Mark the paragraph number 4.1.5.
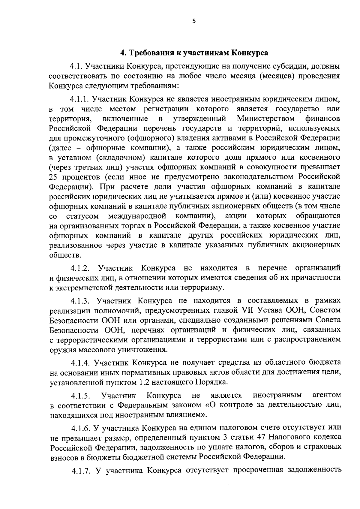(81, 396)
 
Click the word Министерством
(266, 118)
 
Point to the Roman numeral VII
(247, 310)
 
